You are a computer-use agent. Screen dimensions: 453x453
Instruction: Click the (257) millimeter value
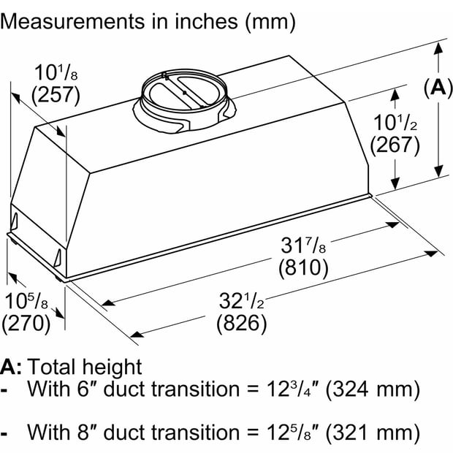[x=56, y=96]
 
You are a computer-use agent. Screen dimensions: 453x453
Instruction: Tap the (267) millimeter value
[x=395, y=145]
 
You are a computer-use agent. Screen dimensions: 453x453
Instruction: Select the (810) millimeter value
[x=303, y=267]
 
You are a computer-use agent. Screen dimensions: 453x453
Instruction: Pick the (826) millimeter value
[x=242, y=323]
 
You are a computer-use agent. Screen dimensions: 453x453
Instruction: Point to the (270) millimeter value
[x=26, y=323]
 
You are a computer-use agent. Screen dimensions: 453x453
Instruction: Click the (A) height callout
[x=438, y=87]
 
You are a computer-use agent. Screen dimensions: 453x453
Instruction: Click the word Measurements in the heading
[x=72, y=21]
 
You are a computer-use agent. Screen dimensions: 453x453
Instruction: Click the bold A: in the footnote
[x=11, y=367]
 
